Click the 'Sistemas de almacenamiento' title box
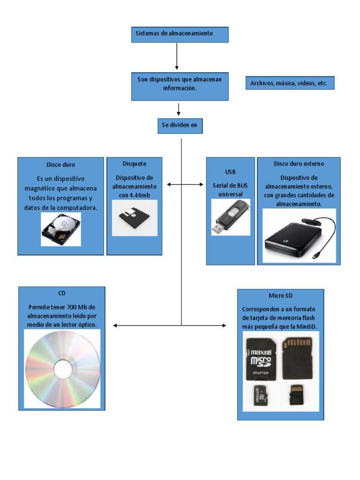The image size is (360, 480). (180, 35)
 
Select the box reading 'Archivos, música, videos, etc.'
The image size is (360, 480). (289, 83)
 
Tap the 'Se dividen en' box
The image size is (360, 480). (180, 126)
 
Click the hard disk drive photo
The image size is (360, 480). (60, 229)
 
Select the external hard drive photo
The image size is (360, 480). (299, 235)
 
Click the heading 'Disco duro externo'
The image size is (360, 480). (299, 164)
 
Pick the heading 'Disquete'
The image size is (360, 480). (134, 164)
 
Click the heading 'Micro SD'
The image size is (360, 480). (280, 296)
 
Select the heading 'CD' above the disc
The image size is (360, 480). (62, 293)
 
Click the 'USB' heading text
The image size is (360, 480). (230, 172)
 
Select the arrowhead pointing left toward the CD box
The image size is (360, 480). (116, 325)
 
